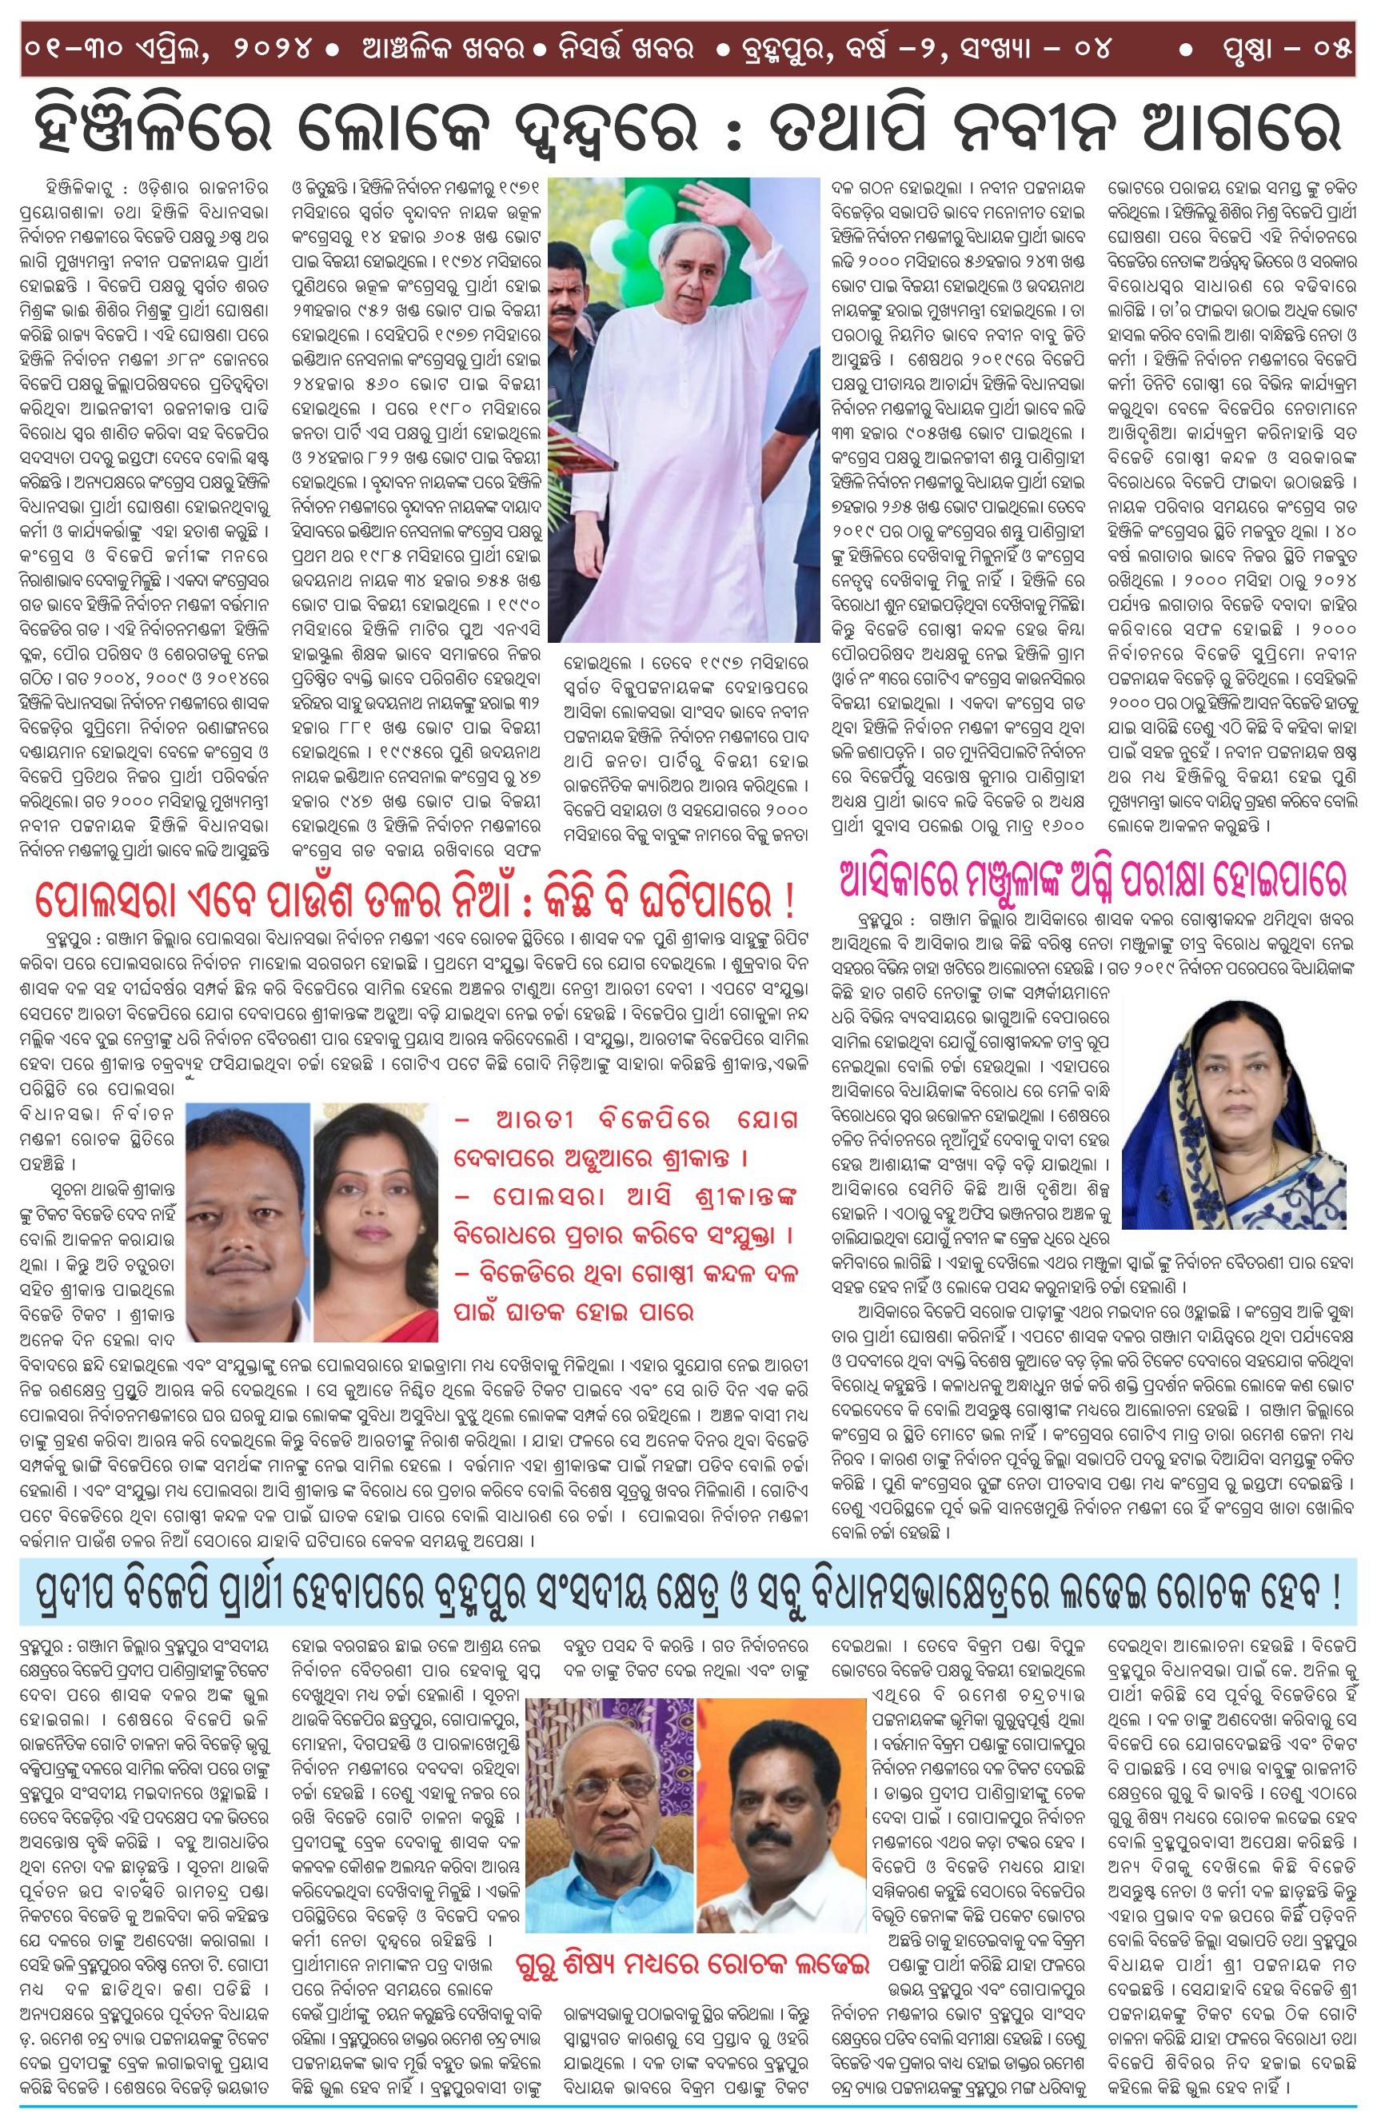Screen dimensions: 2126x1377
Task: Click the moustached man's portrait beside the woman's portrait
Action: [245, 1222]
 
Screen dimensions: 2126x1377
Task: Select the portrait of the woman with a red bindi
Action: [375, 1222]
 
